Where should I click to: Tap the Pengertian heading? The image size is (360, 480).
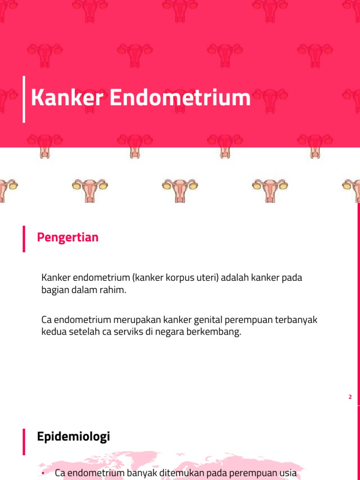(67, 238)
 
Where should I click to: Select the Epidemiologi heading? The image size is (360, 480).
(73, 437)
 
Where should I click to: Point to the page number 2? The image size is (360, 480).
(350, 397)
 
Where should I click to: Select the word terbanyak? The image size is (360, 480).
(298, 321)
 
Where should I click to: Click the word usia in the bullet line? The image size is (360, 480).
(287, 473)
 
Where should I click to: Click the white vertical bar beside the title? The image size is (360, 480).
(24, 99)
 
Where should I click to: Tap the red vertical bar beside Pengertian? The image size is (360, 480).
(24, 239)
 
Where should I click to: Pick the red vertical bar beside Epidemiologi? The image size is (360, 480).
(24, 441)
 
